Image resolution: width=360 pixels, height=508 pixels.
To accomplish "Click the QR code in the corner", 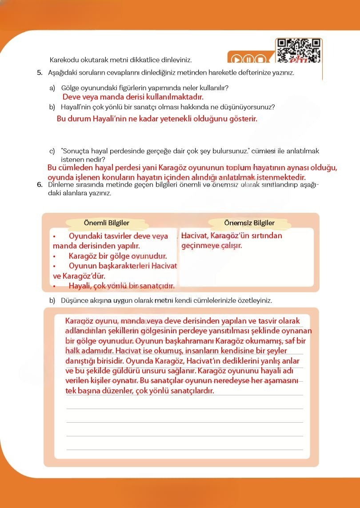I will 299,50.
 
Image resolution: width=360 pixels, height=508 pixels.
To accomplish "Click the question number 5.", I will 40,72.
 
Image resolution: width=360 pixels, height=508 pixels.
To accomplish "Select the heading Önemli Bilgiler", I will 107,223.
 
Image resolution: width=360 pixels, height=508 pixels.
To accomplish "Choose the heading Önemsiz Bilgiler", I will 249,223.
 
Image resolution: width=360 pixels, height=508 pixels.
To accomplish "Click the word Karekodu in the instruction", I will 63,60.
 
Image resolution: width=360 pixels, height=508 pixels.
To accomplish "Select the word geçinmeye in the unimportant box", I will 199,245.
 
